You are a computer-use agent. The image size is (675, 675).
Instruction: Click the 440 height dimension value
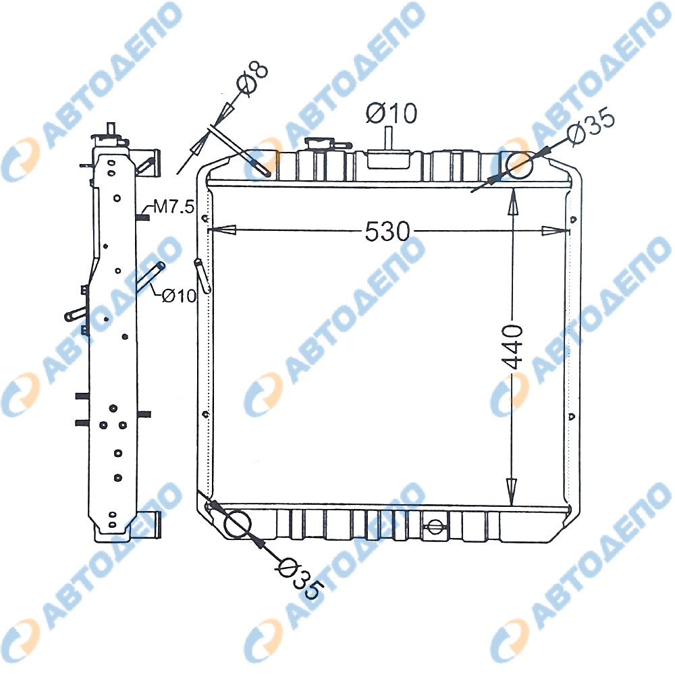click(x=513, y=347)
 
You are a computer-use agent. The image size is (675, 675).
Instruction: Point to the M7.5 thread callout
click(x=174, y=207)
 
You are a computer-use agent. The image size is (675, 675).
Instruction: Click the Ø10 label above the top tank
click(x=391, y=113)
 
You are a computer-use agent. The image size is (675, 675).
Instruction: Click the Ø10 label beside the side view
click(x=179, y=296)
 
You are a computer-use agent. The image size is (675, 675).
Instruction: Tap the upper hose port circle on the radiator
click(x=519, y=165)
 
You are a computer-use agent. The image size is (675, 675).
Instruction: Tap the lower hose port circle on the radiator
click(x=238, y=524)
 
